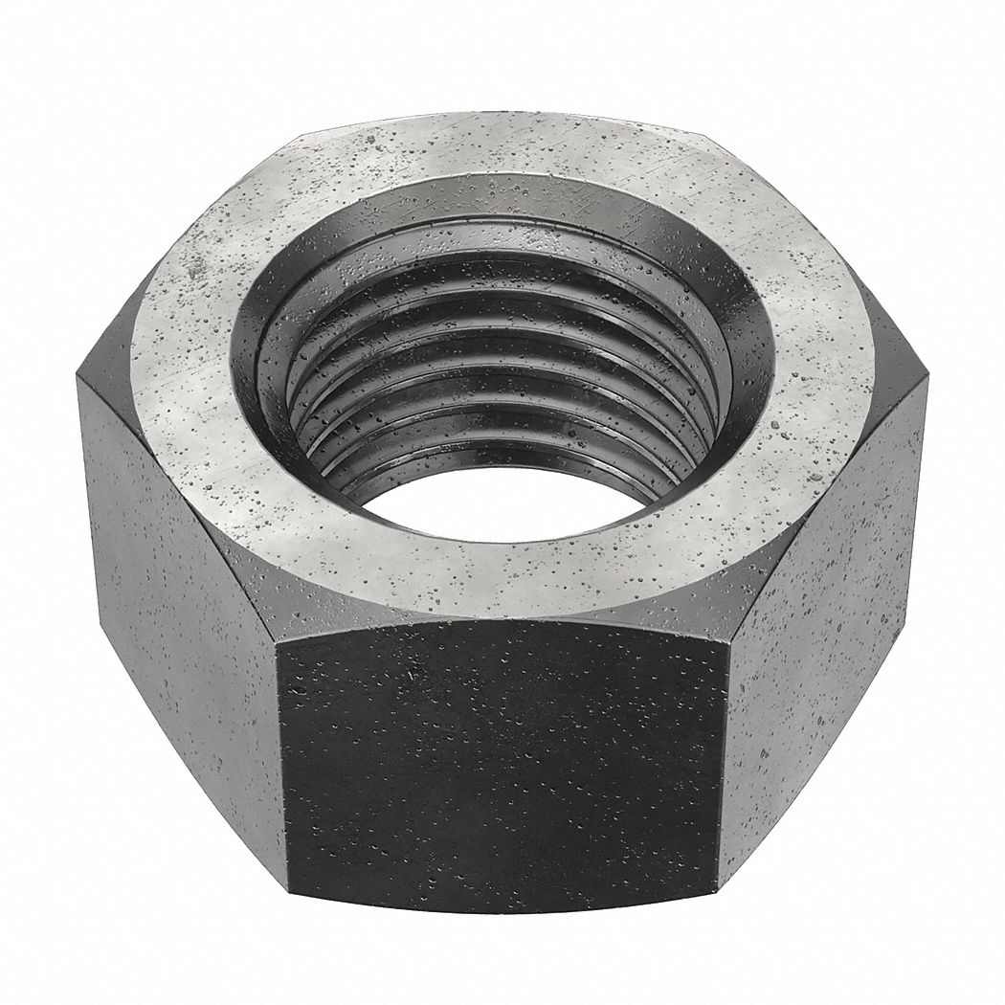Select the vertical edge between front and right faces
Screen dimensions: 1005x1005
(x=724, y=756)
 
